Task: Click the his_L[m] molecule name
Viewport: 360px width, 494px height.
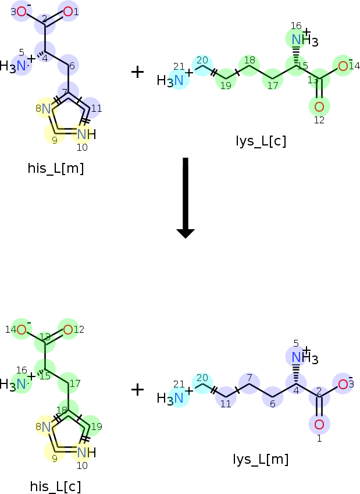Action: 56,168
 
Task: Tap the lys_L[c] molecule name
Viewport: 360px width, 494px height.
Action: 261,141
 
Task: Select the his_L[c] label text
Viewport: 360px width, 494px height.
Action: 55,486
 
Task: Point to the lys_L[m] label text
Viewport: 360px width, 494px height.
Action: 261,459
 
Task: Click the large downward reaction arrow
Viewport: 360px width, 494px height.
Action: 186,198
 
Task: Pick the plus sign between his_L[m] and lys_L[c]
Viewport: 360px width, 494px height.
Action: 137,72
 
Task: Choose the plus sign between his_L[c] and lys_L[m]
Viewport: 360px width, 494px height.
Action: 137,390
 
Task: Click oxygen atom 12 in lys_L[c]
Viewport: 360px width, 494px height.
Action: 319,106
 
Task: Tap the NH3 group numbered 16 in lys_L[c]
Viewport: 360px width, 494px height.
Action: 305,40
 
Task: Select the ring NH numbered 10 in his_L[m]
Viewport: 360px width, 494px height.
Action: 86,134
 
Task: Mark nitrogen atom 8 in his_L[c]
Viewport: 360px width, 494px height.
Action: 46,427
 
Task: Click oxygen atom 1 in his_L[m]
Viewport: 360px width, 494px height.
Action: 68,12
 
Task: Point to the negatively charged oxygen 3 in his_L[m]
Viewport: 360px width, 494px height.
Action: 22,12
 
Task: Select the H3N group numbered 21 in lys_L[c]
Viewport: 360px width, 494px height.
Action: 170,80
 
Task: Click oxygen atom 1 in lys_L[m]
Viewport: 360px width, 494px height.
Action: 319,424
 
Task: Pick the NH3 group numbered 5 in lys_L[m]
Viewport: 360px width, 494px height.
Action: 305,358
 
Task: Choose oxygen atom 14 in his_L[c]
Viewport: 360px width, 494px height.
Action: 22,330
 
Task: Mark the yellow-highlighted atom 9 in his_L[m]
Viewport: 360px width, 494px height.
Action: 55,134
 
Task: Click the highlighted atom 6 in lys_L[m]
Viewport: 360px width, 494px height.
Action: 273,397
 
